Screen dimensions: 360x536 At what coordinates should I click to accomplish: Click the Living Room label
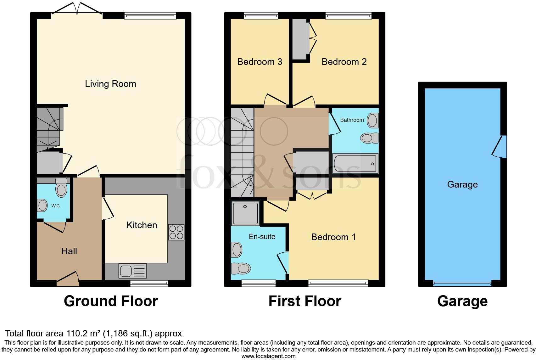click(110, 84)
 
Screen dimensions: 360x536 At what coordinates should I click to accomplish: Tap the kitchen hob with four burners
click(176, 232)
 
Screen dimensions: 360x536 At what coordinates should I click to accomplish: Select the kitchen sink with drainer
click(132, 271)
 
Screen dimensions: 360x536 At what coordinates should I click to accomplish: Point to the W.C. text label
click(56, 206)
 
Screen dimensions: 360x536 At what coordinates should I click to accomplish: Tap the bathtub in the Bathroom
click(355, 164)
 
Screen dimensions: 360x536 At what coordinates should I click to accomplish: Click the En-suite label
click(262, 237)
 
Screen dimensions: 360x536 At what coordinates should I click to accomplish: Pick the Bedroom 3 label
click(260, 62)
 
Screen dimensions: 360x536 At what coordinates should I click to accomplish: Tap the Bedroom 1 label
click(333, 237)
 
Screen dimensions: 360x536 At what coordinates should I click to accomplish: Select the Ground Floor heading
click(111, 301)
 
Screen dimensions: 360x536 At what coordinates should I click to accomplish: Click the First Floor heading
click(304, 301)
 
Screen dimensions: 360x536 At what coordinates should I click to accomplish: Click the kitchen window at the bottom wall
click(149, 284)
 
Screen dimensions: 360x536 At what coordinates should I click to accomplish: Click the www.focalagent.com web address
click(268, 356)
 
